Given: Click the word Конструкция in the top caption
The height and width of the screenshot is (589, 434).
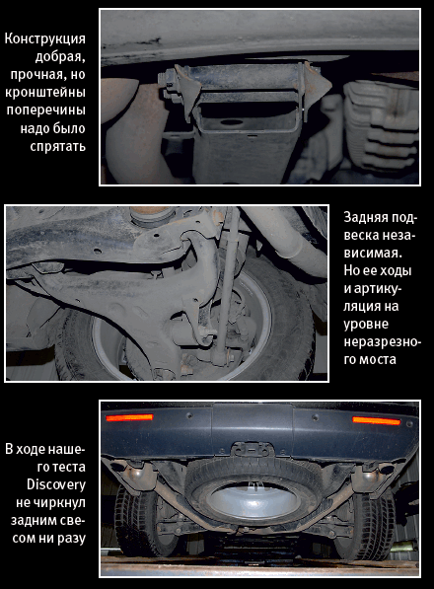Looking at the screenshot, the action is [x=45, y=39].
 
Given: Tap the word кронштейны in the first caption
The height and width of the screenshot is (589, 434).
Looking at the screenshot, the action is [x=45, y=93].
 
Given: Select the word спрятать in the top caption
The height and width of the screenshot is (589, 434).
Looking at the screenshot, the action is [x=58, y=146].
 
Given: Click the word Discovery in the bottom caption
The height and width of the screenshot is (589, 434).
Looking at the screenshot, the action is [x=56, y=484].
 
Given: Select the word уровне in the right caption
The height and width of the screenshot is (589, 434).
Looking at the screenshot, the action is [x=366, y=325].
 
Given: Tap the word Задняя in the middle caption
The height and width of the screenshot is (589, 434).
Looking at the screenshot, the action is [x=365, y=218].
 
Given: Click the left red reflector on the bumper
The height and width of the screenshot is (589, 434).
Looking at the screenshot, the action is [x=129, y=417].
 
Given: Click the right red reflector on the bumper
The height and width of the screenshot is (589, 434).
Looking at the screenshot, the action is [x=377, y=420].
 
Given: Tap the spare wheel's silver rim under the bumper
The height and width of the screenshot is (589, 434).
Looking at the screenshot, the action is [x=253, y=502].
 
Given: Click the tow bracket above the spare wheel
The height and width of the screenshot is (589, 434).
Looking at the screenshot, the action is [x=252, y=449].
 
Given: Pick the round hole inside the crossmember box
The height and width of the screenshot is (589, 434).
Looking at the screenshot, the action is [x=231, y=122].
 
